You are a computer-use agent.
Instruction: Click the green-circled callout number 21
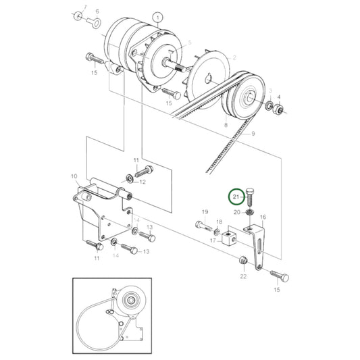[236, 197]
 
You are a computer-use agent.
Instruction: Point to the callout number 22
[242, 276]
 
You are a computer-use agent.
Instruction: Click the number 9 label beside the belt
[253, 134]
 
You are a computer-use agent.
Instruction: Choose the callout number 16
[263, 217]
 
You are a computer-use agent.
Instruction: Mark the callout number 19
[204, 213]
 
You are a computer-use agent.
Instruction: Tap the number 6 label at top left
[96, 12]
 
